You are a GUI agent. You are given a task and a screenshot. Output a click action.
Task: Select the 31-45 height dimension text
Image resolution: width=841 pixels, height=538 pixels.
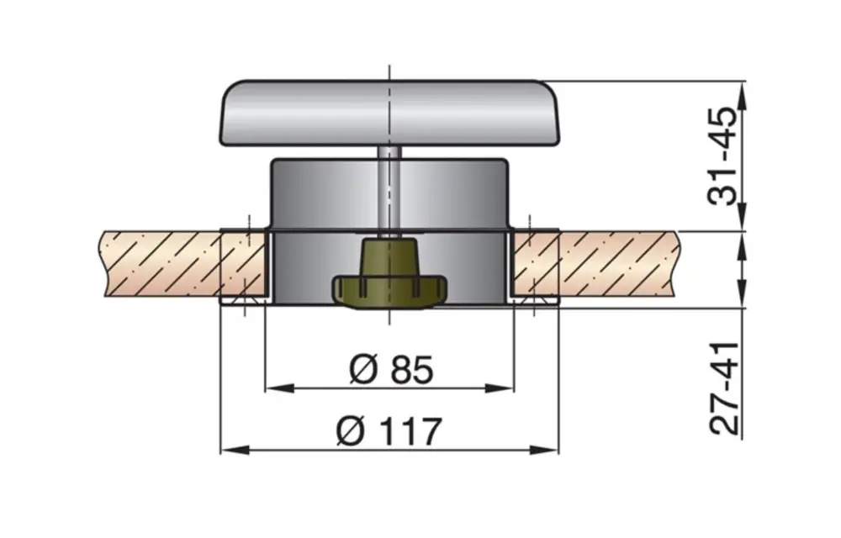click(x=722, y=156)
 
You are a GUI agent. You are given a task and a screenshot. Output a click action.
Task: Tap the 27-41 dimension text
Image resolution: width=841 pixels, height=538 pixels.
click(x=723, y=388)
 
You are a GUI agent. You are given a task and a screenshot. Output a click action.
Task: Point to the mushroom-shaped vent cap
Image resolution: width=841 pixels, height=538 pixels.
click(x=389, y=113)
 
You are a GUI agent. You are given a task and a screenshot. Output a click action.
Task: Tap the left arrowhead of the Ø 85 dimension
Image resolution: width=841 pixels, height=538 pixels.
click(x=272, y=388)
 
